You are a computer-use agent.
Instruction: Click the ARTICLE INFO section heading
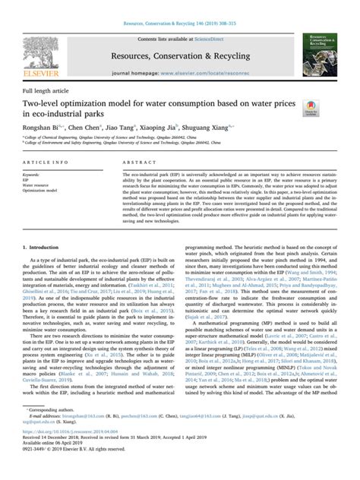click(43, 163)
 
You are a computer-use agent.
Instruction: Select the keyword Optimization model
click(46, 191)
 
